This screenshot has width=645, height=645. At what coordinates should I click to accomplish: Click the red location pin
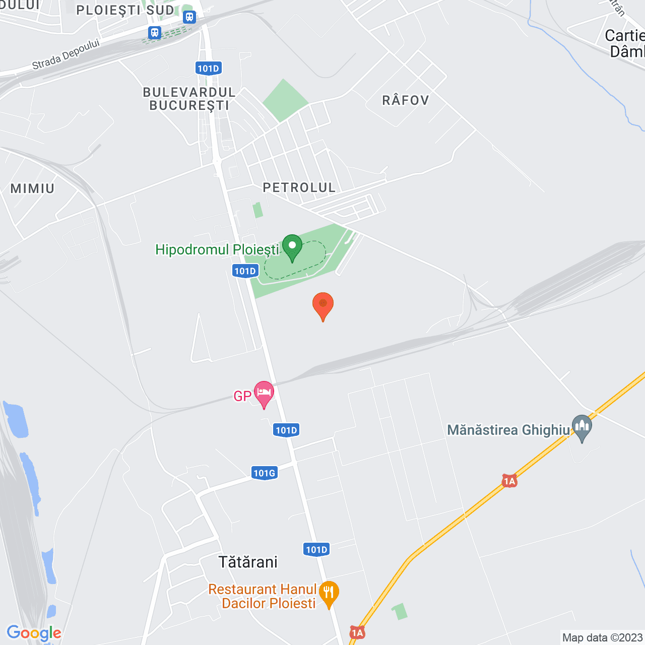pyautogui.click(x=323, y=305)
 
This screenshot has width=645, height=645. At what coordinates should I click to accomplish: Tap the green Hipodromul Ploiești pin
pyautogui.click(x=292, y=247)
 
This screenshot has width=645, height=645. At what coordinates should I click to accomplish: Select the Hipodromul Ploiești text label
pyautogui.click(x=217, y=250)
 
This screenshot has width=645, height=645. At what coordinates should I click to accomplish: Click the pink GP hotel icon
pyautogui.click(x=264, y=394)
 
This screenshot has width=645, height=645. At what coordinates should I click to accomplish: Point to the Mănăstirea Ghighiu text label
pyautogui.click(x=508, y=430)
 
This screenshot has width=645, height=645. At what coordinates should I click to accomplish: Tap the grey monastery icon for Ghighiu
pyautogui.click(x=582, y=428)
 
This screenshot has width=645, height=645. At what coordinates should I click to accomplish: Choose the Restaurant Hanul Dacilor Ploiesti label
pyautogui.click(x=263, y=596)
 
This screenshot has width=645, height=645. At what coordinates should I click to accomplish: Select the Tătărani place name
pyautogui.click(x=248, y=562)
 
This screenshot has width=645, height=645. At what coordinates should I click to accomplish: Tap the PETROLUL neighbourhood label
pyautogui.click(x=299, y=187)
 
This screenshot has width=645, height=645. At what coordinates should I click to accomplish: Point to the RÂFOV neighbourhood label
pyautogui.click(x=406, y=100)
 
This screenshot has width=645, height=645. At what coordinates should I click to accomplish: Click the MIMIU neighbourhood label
pyautogui.click(x=32, y=188)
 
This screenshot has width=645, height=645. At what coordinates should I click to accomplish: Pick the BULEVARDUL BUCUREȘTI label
pyautogui.click(x=189, y=99)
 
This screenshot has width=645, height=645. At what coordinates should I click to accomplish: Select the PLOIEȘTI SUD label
pyautogui.click(x=125, y=10)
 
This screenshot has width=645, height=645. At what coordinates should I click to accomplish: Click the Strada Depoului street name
pyautogui.click(x=66, y=54)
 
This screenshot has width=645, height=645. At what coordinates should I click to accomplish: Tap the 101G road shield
pyautogui.click(x=264, y=473)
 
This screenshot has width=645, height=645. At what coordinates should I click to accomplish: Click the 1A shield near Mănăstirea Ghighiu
pyautogui.click(x=509, y=481)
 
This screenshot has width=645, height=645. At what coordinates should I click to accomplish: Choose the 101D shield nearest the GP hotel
pyautogui.click(x=287, y=430)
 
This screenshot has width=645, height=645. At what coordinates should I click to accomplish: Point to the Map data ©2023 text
pyautogui.click(x=602, y=637)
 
